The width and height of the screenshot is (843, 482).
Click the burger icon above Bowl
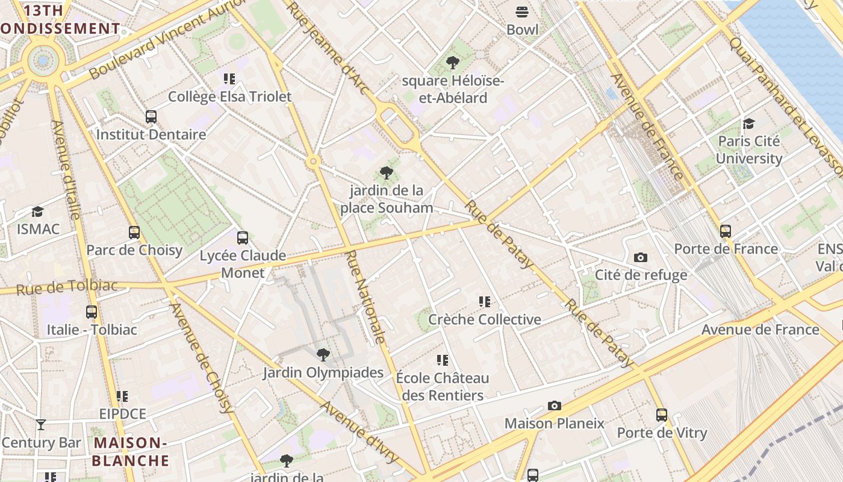[x=521, y=11]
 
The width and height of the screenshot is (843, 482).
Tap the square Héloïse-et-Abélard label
[x=453, y=89]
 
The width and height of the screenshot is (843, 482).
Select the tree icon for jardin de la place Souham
[x=387, y=174]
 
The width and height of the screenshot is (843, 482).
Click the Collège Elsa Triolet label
[x=229, y=96]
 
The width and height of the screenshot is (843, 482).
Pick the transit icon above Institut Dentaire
[x=151, y=117]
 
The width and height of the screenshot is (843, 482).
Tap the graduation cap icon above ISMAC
[x=38, y=211]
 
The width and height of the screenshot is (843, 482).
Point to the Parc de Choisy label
[x=134, y=250]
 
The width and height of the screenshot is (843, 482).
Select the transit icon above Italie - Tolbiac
[x=92, y=312]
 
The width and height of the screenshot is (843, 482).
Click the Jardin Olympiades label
[x=323, y=372]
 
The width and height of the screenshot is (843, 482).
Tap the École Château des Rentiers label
[x=443, y=387]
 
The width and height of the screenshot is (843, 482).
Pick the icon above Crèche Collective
[x=484, y=302]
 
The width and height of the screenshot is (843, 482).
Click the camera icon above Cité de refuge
[x=641, y=258]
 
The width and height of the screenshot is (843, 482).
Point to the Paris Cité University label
[x=749, y=149]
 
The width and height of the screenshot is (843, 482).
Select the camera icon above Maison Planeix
[x=554, y=406]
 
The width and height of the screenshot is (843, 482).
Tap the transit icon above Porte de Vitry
[x=662, y=415]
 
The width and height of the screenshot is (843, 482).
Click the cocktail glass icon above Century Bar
[x=40, y=425]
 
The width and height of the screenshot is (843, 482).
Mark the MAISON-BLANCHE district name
[x=130, y=452]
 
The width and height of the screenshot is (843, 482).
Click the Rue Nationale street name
[x=364, y=298]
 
